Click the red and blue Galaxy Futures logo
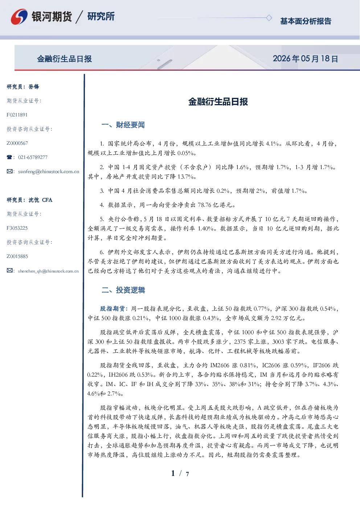coord(19,17)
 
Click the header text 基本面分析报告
coord(306,21)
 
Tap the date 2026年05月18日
coord(306,59)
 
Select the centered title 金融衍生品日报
coord(218,102)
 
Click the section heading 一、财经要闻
coord(123,125)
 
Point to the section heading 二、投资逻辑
coord(123,290)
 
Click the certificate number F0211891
coord(17,115)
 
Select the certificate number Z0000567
coord(17,143)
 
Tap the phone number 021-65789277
coord(33,157)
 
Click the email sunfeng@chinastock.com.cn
coord(49,172)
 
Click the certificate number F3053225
coord(17,228)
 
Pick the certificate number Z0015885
coord(17,256)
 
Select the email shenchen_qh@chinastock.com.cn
coord(48,271)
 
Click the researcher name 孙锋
coord(34,87)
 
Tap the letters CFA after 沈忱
coord(47,200)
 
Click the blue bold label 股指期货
coord(112,309)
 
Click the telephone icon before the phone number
coord(9,157)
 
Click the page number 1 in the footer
coord(173,473)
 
